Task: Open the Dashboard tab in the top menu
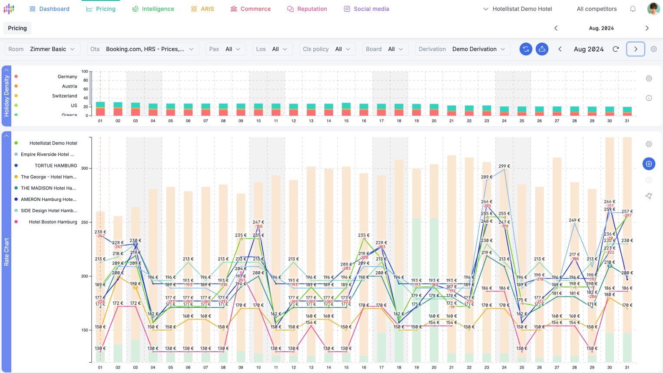(50, 9)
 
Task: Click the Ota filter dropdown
(143, 49)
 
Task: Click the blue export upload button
(542, 49)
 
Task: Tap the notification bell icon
(633, 9)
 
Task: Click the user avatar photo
(653, 9)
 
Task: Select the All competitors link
(597, 9)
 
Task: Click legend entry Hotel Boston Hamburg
(53, 222)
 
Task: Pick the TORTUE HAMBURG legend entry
(56, 166)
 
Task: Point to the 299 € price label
(504, 166)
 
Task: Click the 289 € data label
(487, 177)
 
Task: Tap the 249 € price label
(574, 220)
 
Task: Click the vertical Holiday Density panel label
(7, 96)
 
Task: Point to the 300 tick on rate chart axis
(85, 168)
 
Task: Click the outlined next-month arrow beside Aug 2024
(635, 49)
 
